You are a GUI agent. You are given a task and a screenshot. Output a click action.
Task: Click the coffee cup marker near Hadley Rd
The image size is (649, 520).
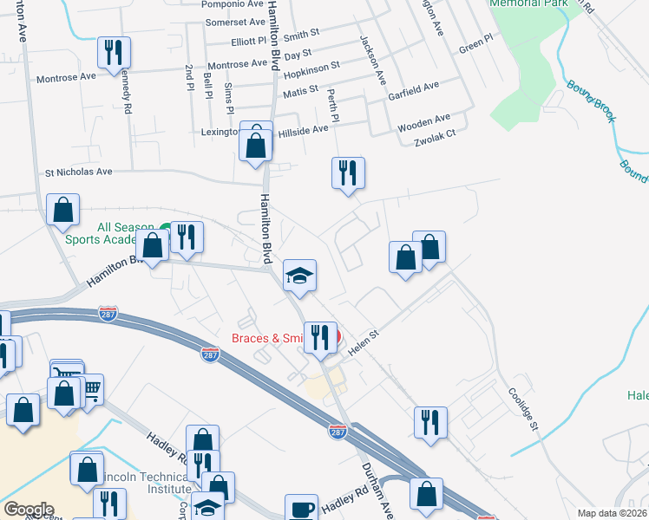click(x=303, y=508)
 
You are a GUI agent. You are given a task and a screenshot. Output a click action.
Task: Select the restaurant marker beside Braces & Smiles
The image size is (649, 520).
click(x=320, y=337)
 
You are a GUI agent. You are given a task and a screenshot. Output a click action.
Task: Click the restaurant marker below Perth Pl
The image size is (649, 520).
click(x=348, y=172)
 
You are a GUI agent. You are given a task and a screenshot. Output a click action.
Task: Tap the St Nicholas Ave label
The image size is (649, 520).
click(x=79, y=172)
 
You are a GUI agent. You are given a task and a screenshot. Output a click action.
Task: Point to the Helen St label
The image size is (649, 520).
click(x=365, y=343)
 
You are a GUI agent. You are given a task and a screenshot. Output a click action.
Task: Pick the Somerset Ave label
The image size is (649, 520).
click(x=233, y=22)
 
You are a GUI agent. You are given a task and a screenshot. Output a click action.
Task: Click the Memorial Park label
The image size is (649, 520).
click(x=528, y=3)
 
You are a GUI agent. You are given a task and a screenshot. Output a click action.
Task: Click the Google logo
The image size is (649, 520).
click(x=29, y=510)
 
